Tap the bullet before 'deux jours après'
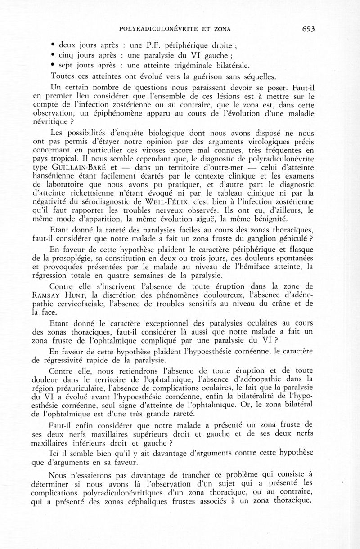pyautogui.click(x=53, y=45)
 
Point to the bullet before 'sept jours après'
pyautogui.click(x=53, y=65)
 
